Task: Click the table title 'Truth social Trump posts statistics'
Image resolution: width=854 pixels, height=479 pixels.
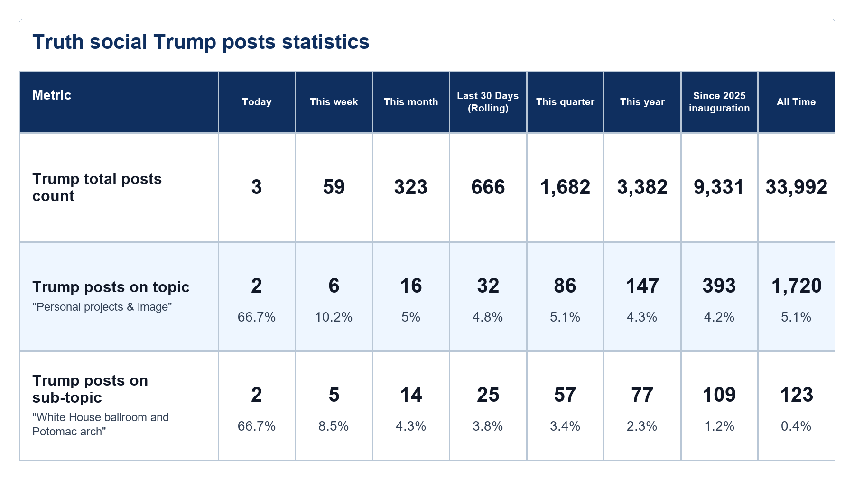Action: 201,42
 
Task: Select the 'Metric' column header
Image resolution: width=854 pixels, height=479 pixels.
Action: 52,95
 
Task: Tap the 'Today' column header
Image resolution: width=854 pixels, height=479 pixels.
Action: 257,102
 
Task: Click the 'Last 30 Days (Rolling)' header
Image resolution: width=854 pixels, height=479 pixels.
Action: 488,102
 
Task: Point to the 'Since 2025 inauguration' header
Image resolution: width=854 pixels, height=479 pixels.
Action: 719,102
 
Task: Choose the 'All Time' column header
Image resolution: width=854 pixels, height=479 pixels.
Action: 796,102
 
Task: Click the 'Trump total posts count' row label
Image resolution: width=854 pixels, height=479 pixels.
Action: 97,187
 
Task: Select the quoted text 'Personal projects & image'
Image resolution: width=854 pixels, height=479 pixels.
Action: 102,307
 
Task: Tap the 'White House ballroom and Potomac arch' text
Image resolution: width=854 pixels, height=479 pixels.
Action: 101,424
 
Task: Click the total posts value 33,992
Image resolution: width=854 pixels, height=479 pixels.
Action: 797,187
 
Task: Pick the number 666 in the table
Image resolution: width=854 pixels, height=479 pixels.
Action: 488,187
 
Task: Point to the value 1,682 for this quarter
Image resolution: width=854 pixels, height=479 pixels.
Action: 565,187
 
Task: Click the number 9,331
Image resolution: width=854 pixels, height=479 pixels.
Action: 719,187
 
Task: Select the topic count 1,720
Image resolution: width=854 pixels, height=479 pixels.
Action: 797,286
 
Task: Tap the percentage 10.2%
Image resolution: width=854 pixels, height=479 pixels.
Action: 334,317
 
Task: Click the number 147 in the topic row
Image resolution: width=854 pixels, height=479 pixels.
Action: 642,286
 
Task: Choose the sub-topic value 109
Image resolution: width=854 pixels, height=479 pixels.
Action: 719,395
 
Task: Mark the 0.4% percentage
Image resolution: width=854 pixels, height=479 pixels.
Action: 796,426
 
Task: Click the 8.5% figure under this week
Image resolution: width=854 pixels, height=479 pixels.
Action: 334,426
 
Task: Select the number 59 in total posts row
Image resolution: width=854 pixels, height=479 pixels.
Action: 334,187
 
